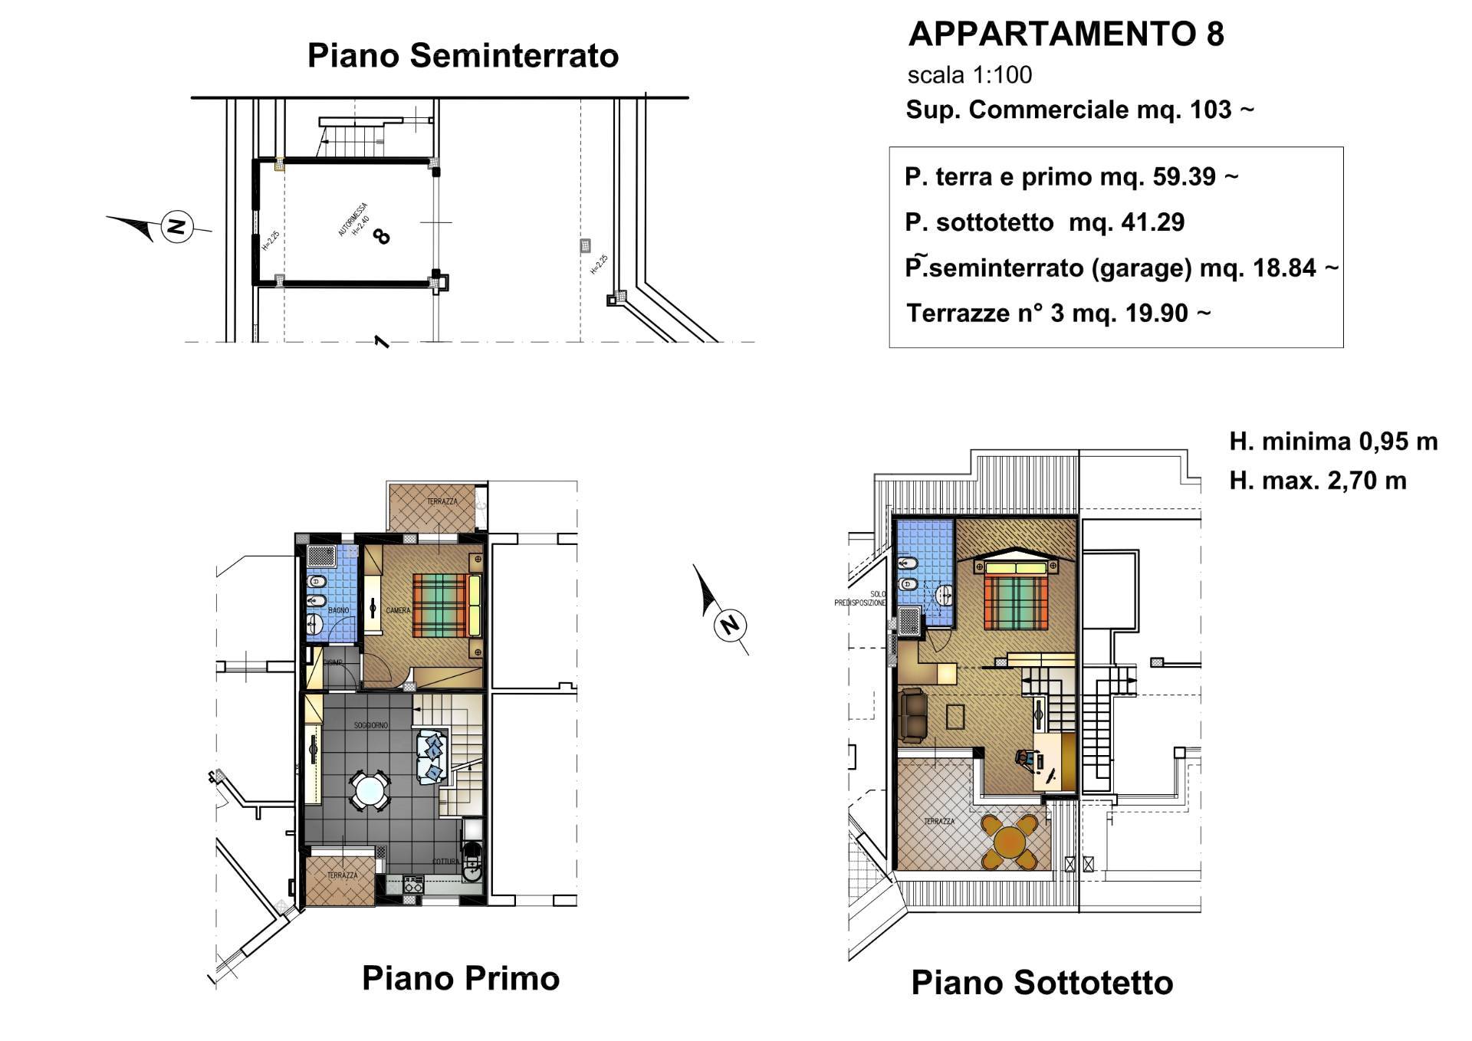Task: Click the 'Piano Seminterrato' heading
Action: pyautogui.click(x=462, y=56)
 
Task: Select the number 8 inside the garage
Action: pyautogui.click(x=380, y=236)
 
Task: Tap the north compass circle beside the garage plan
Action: pyautogui.click(x=178, y=227)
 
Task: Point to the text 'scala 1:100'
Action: pyautogui.click(x=969, y=75)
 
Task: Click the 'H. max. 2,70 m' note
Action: pyautogui.click(x=1317, y=481)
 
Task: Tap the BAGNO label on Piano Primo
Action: pyautogui.click(x=338, y=610)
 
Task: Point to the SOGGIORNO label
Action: pyautogui.click(x=370, y=725)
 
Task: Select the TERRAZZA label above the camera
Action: pyautogui.click(x=442, y=501)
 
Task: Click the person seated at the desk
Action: pyautogui.click(x=1026, y=759)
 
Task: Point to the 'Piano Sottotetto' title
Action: pyautogui.click(x=1041, y=984)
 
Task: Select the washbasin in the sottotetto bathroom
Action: pyautogui.click(x=945, y=594)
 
